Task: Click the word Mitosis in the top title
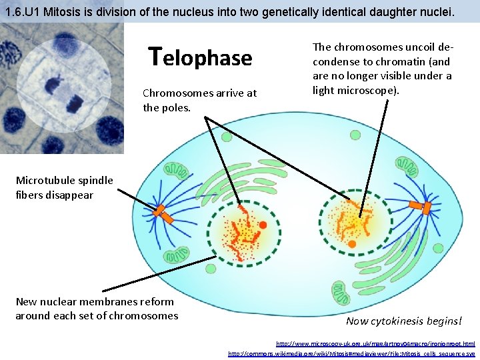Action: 59,10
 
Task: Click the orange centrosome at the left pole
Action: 163,214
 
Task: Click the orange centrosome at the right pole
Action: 421,208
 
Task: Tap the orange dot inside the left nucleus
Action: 263,225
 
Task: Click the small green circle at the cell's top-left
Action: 227,137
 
